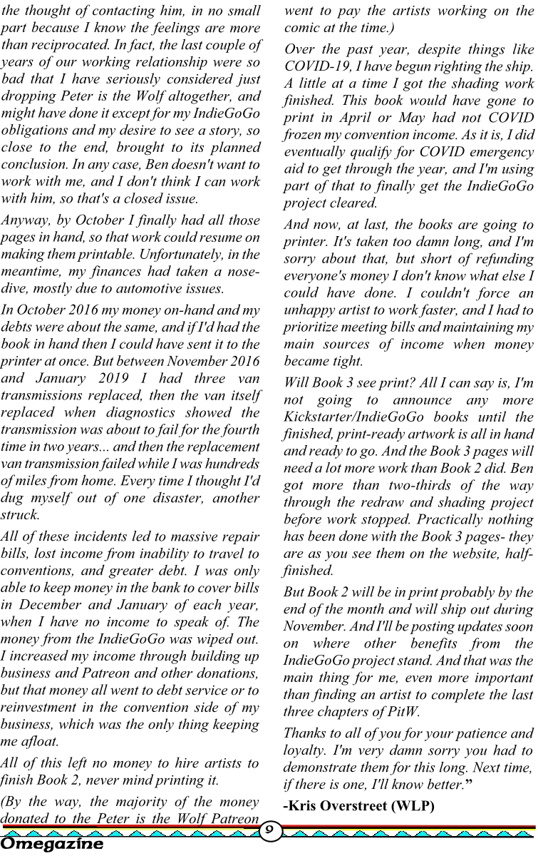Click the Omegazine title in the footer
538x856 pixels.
pos(52,845)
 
